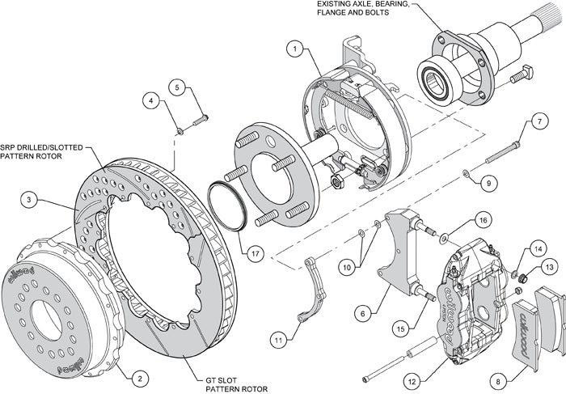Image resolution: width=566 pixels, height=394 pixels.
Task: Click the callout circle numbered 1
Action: pyautogui.click(x=297, y=49)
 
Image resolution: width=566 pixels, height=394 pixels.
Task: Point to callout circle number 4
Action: pyautogui.click(x=151, y=101)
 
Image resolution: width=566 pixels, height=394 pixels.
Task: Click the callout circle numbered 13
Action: pyautogui.click(x=549, y=267)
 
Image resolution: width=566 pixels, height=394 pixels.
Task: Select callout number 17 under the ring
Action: pyautogui.click(x=256, y=253)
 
